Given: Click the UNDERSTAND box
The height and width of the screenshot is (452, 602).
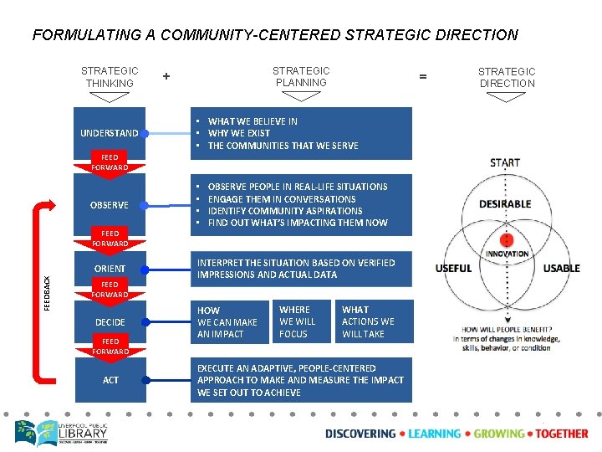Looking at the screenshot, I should pyautogui.click(x=110, y=133).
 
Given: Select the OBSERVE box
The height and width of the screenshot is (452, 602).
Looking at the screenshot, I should pyautogui.click(x=110, y=205).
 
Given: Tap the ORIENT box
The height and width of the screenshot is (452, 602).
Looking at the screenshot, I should pyautogui.click(x=110, y=269).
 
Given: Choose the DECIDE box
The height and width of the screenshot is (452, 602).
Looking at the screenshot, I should pyautogui.click(x=110, y=322).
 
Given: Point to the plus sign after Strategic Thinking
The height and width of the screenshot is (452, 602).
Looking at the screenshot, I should pyautogui.click(x=166, y=76).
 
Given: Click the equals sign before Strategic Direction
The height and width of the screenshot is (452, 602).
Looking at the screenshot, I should pyautogui.click(x=422, y=77).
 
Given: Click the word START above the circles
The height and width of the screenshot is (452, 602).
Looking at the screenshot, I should pyautogui.click(x=505, y=162).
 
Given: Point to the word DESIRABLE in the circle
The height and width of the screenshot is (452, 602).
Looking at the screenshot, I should pyautogui.click(x=505, y=204).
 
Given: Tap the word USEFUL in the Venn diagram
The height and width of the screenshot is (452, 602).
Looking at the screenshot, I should pyautogui.click(x=453, y=269).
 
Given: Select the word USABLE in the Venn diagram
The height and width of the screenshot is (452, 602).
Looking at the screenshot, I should pyautogui.click(x=561, y=269).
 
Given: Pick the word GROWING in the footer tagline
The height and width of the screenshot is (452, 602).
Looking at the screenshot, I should pyautogui.click(x=498, y=434).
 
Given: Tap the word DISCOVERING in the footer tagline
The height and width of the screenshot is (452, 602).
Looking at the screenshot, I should pyautogui.click(x=360, y=434).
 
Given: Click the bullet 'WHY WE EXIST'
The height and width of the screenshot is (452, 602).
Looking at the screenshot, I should pyautogui.click(x=240, y=133).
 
